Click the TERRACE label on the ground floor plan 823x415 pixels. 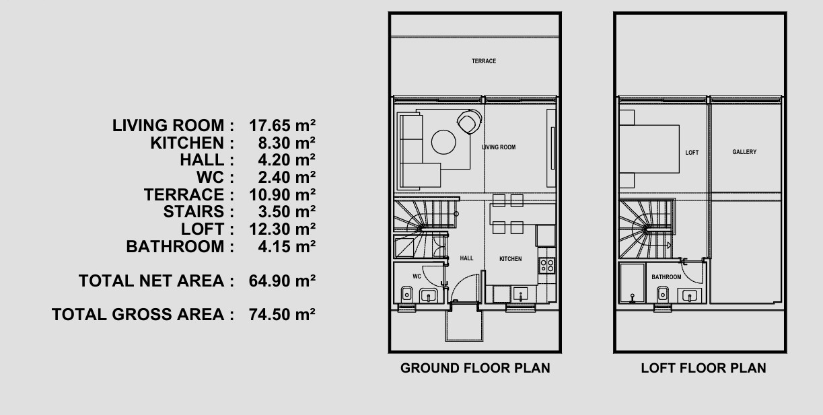[484, 61]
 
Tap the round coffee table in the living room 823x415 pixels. [443, 142]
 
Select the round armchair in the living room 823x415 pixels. [469, 122]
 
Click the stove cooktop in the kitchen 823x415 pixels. [546, 266]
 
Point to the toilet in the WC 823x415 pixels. [406, 294]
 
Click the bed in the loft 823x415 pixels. [649, 149]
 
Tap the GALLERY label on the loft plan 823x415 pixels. [744, 152]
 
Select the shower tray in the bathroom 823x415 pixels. [632, 282]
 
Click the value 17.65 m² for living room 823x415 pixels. [282, 126]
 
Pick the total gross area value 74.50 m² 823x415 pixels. [282, 314]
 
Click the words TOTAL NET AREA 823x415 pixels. [151, 281]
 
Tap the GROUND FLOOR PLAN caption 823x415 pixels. [475, 368]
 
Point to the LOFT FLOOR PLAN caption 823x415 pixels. [703, 368]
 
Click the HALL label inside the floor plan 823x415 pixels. [466, 258]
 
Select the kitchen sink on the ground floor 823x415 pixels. [520, 295]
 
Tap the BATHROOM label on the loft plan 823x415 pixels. [666, 277]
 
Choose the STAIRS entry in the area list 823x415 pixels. [194, 212]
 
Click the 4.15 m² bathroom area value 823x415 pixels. [287, 246]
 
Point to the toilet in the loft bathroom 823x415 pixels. [662, 294]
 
